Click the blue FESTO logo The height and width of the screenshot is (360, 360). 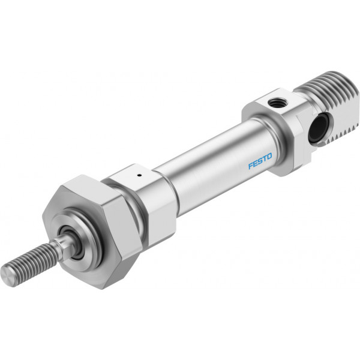point(260,161)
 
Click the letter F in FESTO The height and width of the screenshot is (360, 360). point(251,166)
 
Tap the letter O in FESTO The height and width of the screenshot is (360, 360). point(269,157)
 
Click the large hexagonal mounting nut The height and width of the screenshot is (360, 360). point(92,232)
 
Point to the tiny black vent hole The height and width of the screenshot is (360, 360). point(139,176)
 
